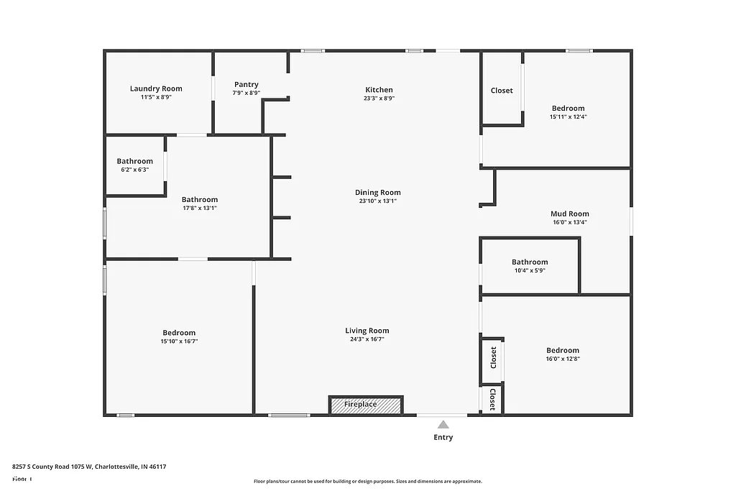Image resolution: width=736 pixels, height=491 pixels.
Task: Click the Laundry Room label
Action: pos(156,88)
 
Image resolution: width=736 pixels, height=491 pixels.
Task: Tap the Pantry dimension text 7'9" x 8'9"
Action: pos(246,93)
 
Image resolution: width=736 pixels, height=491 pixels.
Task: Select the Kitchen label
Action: pos(379,90)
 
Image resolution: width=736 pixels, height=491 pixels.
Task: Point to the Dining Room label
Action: pos(377,193)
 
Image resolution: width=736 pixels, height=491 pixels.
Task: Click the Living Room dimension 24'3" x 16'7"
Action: pos(367,339)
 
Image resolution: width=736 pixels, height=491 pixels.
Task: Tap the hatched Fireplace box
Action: pos(366,405)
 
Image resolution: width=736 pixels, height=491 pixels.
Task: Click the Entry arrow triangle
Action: pos(443,425)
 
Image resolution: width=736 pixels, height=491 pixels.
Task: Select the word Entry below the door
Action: pos(443,437)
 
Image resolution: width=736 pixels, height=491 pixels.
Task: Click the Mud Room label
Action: pos(569,214)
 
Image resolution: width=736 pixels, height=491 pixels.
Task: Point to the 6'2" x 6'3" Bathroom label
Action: pos(134,161)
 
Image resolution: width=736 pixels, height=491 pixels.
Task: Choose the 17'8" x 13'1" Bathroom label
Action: pos(199,200)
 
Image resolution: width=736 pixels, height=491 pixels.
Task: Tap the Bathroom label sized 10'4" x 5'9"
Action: pos(530,262)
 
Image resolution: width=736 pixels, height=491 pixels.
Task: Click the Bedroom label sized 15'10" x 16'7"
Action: pos(179,333)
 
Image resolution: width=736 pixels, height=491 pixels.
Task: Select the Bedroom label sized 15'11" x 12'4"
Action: pos(568,109)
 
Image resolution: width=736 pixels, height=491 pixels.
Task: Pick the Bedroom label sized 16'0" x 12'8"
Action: pos(562,351)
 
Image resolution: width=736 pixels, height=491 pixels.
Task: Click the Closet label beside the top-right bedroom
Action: pos(502,91)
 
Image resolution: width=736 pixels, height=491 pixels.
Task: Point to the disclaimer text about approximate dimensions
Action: pos(367,482)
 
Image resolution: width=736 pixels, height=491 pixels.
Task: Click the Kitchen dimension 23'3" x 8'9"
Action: pos(379,98)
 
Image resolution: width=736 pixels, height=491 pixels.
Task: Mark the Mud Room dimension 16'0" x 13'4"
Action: pos(569,223)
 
